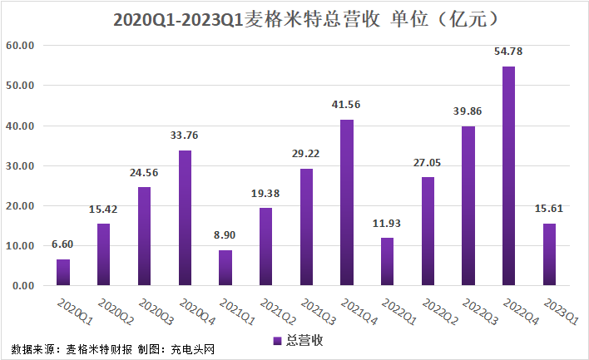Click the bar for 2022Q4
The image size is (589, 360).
click(x=508, y=176)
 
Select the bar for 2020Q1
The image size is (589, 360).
click(x=63, y=273)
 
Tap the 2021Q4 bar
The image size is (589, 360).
click(x=347, y=203)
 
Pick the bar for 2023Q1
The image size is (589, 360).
click(x=549, y=254)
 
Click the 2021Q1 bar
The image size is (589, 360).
click(x=225, y=268)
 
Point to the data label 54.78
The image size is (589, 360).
click(x=508, y=52)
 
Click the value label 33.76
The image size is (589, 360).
click(x=184, y=136)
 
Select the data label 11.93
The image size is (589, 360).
click(x=387, y=224)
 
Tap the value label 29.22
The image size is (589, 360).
click(x=306, y=154)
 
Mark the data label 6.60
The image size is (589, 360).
click(x=62, y=244)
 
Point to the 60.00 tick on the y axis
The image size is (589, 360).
click(x=20, y=46)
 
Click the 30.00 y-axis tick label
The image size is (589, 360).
click(x=20, y=166)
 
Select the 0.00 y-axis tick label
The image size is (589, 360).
click(x=23, y=286)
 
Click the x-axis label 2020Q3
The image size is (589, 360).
click(x=156, y=312)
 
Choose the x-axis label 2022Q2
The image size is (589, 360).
click(x=440, y=312)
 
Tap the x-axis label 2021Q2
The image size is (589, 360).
click(x=278, y=312)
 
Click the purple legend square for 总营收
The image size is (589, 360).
click(x=277, y=341)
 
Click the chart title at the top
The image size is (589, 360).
click(x=306, y=19)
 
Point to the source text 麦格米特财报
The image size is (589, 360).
click(x=99, y=349)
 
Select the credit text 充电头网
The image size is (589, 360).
click(x=193, y=349)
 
